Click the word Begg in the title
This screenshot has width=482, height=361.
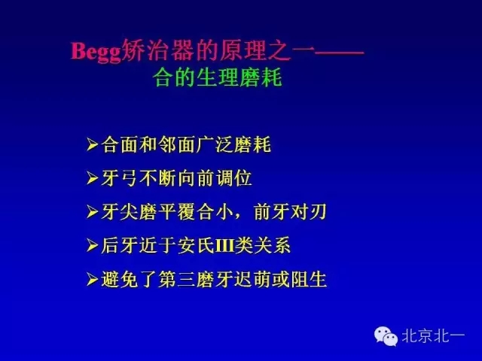coord(96,52)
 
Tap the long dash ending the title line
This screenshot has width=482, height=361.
coord(339,53)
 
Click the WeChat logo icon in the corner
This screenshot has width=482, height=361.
coord(386,336)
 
